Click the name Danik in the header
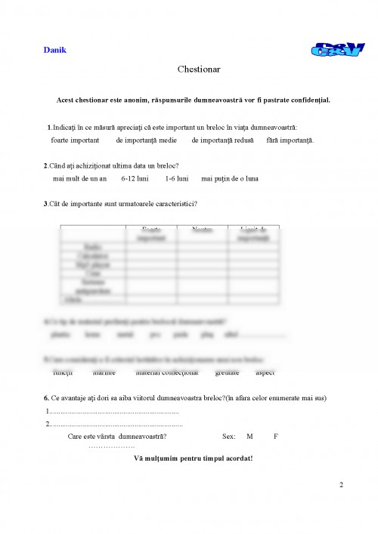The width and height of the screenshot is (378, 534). tap(55, 50)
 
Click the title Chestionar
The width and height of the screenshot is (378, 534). tap(199, 69)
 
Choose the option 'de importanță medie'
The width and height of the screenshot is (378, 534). tap(147, 140)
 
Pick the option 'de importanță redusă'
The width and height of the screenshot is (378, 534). tap(222, 140)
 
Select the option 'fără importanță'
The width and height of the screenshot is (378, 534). tap(290, 140)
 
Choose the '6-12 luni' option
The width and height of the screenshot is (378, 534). tap(135, 179)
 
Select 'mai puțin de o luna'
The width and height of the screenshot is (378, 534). tap(230, 179)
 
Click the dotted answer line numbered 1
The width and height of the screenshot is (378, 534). tap(114, 412)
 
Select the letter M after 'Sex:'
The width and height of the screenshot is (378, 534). tap(249, 437)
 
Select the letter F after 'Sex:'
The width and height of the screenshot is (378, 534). tap(276, 437)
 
